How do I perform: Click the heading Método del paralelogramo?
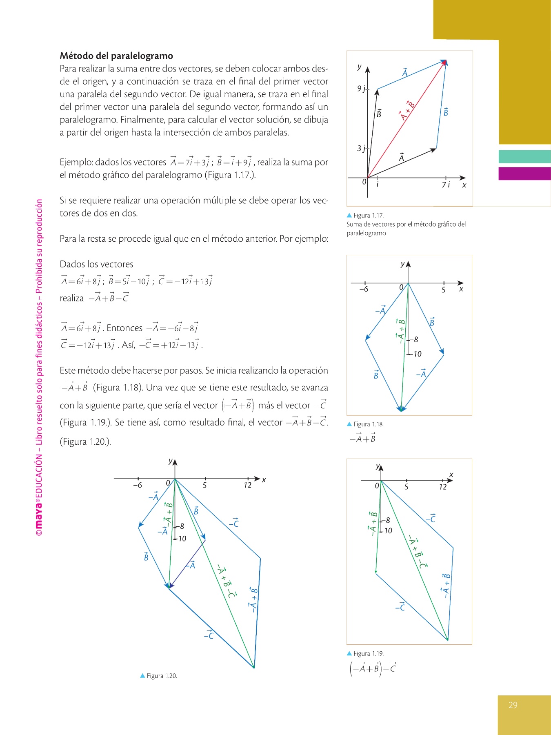(116, 56)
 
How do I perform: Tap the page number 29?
(513, 705)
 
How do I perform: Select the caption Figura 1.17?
(368, 216)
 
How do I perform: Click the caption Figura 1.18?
(368, 424)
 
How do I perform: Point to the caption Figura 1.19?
(368, 653)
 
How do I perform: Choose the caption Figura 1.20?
(162, 676)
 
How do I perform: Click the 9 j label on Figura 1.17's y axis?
(361, 89)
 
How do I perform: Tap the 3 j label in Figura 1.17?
(361, 148)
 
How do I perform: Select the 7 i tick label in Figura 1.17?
(446, 185)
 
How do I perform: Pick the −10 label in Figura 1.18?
(417, 354)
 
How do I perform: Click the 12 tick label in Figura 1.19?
(443, 487)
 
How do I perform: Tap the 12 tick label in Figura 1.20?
(247, 486)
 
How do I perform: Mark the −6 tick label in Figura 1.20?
(138, 486)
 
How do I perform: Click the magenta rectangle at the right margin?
(524, 174)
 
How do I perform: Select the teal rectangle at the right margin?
(524, 157)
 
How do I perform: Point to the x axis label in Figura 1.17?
(464, 185)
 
